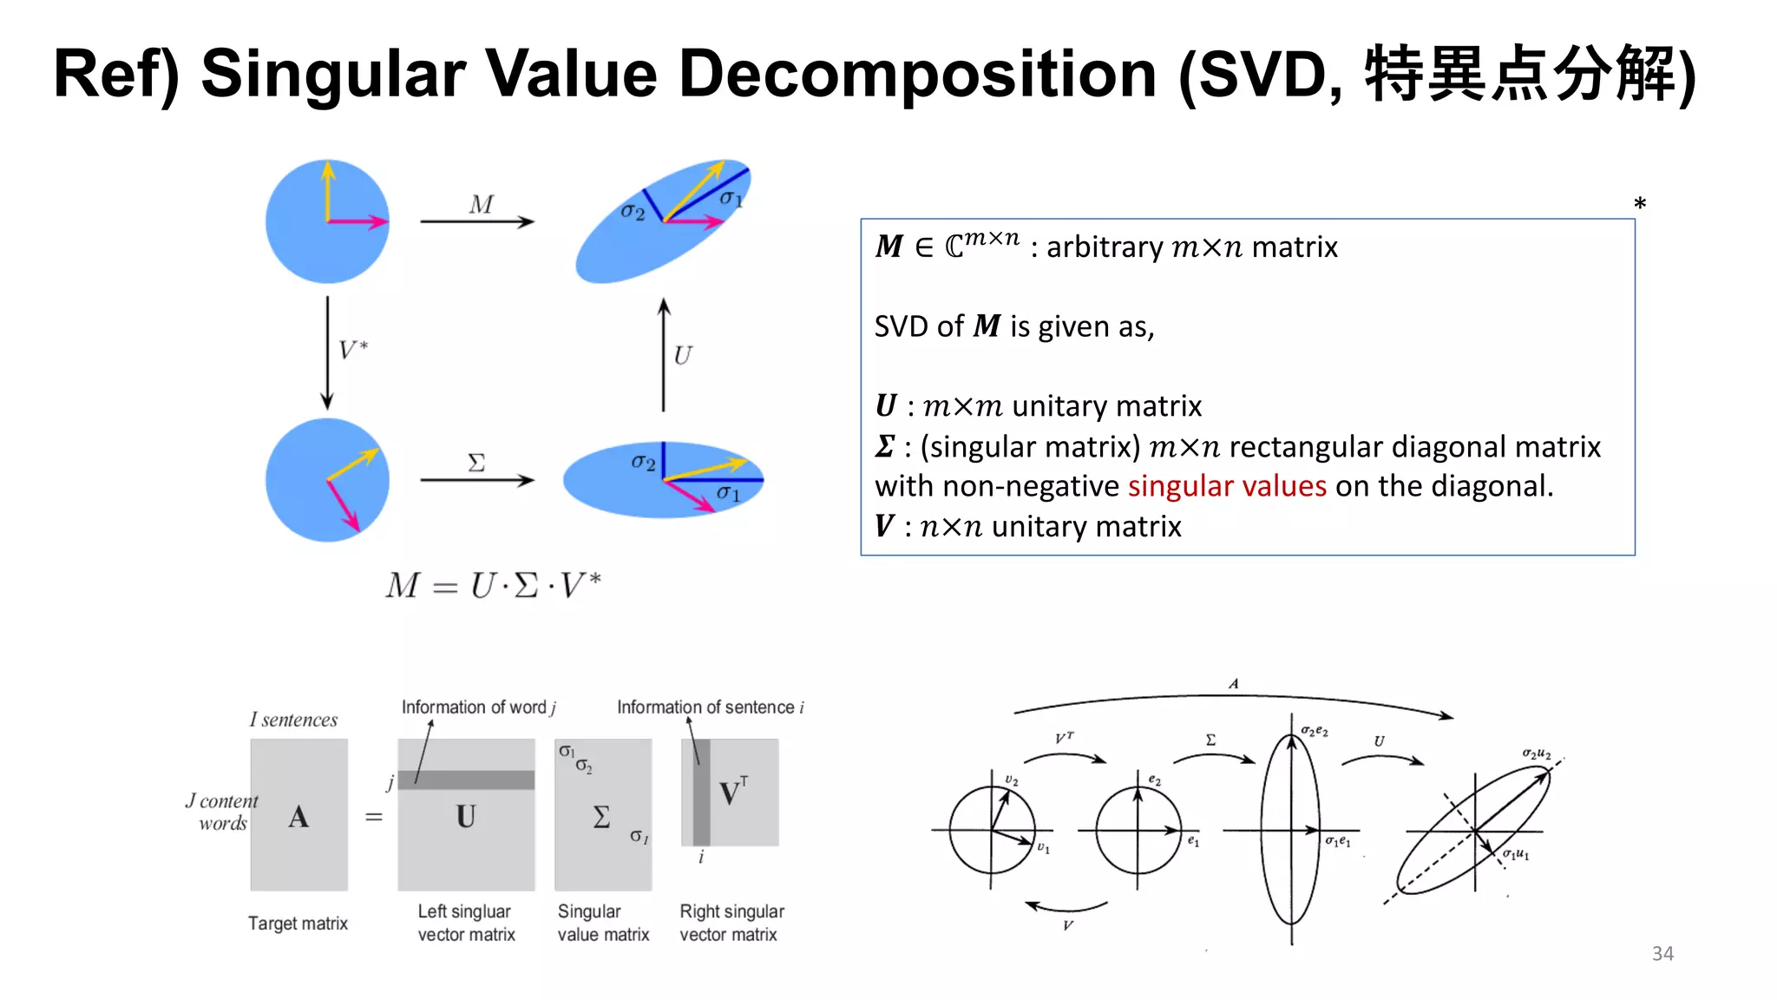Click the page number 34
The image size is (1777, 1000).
coord(1662,953)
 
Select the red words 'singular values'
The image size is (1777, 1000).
coord(1227,486)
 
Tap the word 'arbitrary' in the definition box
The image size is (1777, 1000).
coord(1104,247)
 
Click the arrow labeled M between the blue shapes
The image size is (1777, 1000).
coord(477,221)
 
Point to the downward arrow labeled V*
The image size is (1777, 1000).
coord(327,352)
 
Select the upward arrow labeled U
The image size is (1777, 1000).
coord(664,354)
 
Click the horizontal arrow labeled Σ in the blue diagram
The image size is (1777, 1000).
coord(477,479)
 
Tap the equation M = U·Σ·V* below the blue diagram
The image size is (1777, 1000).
coord(493,586)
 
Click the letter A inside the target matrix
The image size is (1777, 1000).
coord(298,817)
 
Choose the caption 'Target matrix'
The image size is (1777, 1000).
coord(298,924)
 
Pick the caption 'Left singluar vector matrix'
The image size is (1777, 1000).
coord(466,923)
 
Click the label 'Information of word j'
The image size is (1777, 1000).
coord(478,707)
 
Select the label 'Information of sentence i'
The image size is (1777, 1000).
coord(710,707)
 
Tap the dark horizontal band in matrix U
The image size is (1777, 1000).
coord(466,780)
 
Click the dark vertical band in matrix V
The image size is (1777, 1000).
coord(701,792)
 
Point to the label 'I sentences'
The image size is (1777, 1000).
coord(293,720)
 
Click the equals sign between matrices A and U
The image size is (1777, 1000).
coord(374,817)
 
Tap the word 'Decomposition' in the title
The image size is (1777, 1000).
coord(917,75)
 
